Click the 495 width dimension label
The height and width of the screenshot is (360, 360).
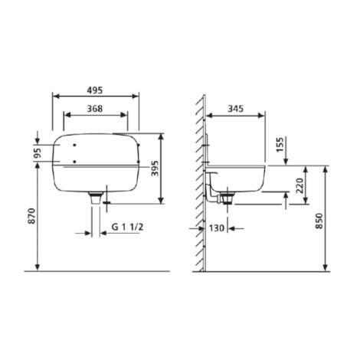[94, 90]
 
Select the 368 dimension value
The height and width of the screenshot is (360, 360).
[95, 109]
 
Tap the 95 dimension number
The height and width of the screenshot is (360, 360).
[38, 153]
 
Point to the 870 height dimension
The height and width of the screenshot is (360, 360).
[31, 216]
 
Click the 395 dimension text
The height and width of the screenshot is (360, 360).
[155, 169]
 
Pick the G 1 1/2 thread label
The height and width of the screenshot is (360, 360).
[127, 227]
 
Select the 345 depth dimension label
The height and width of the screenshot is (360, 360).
[235, 109]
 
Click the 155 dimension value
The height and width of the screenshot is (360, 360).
[280, 145]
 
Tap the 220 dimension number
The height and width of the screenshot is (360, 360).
[300, 185]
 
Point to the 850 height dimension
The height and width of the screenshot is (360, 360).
[319, 221]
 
